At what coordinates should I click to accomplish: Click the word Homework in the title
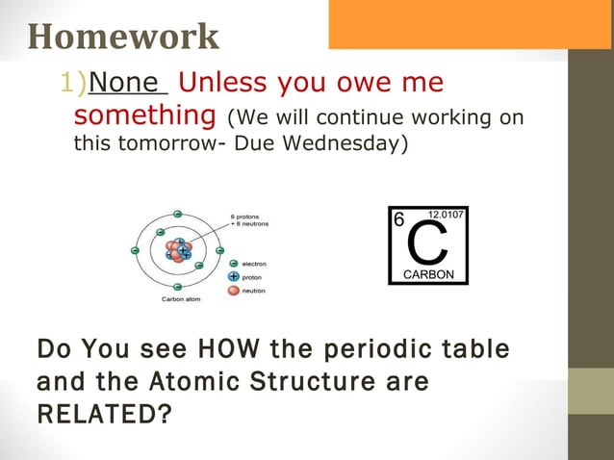[x=123, y=37]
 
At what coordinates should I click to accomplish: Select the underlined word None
[x=128, y=84]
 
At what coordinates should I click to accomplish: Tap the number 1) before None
[x=73, y=84]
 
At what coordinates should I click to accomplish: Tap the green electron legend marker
[x=233, y=263]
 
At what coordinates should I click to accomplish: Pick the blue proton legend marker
[x=233, y=276]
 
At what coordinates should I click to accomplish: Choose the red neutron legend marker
[x=233, y=290]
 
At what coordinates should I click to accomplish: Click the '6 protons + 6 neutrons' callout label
[x=249, y=220]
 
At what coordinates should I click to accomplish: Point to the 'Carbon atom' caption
[x=181, y=299]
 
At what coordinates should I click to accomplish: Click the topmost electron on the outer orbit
[x=178, y=212]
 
